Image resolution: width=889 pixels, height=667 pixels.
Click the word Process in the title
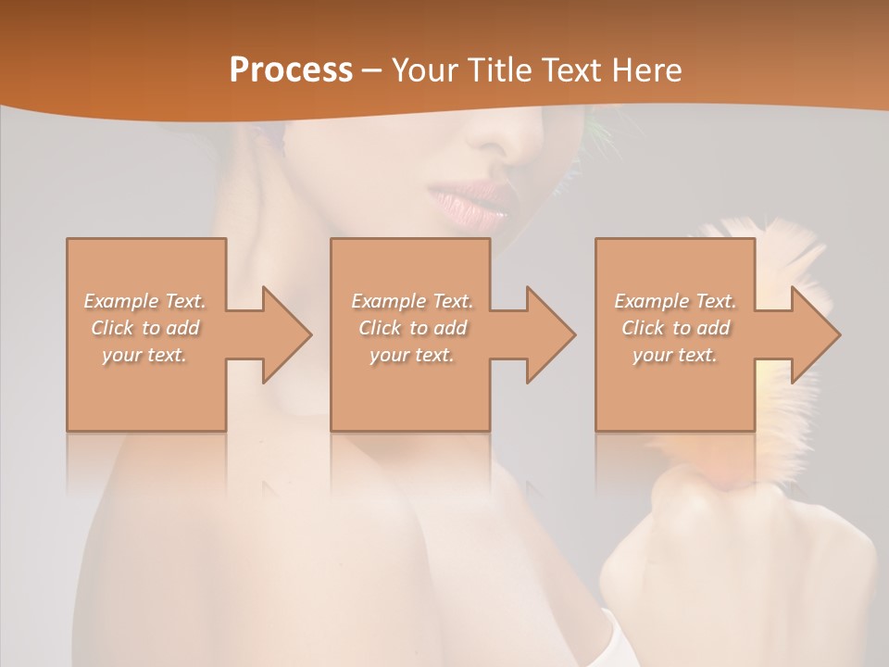(291, 70)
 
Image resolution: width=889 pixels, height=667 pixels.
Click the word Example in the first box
(121, 301)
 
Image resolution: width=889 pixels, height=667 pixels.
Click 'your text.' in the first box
(144, 355)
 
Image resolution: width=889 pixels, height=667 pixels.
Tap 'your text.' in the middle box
(411, 355)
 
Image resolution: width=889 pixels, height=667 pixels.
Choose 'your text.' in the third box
(674, 355)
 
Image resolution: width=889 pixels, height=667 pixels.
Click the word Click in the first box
(112, 328)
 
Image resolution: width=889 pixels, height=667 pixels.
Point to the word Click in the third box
(643, 328)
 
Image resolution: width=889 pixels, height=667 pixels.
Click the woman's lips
(472, 202)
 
